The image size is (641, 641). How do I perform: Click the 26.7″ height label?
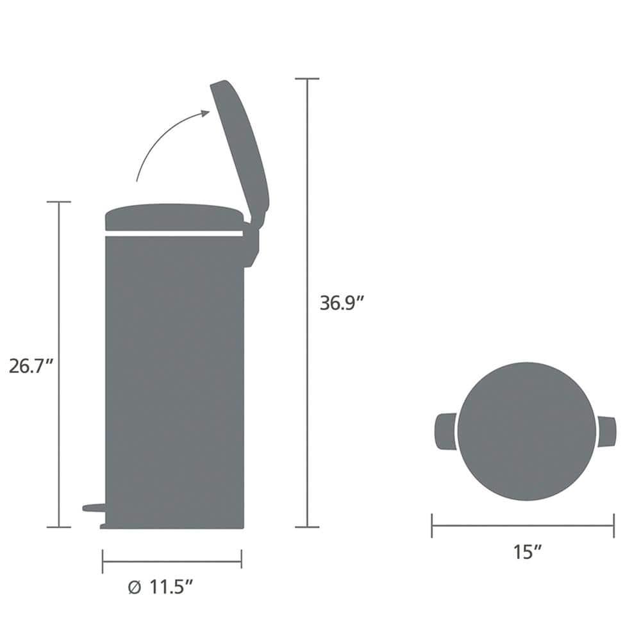coord(31,366)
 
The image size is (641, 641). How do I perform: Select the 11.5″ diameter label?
coord(171,587)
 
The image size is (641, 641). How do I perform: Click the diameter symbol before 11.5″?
coord(134,587)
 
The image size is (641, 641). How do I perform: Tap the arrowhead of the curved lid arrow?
coord(205,113)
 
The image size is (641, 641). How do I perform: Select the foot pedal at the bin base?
coord(94,508)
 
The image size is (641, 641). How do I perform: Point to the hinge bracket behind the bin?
coord(251,244)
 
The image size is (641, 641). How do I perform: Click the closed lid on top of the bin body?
coord(173,217)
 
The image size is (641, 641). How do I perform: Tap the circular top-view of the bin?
coord(526,431)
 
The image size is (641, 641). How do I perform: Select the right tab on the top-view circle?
coord(607,431)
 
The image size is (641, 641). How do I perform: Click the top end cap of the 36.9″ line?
coord(307,79)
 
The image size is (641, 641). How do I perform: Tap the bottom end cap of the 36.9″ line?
coord(307,527)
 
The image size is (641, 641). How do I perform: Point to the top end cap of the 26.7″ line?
coord(59,202)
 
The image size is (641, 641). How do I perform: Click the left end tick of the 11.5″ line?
coord(103,562)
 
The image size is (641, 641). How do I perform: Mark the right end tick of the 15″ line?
coord(613,526)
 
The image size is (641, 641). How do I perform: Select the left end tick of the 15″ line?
coord(432,526)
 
